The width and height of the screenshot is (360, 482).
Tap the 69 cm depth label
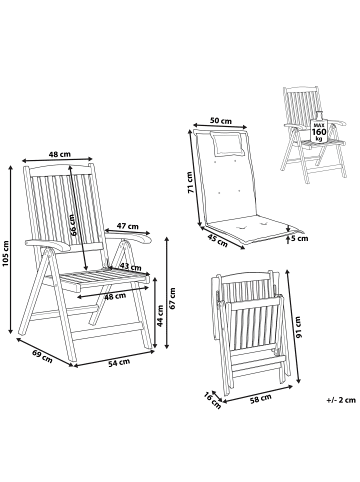(42, 356)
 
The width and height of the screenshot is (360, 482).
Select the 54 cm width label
(119, 363)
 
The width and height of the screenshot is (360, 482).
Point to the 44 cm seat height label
(160, 316)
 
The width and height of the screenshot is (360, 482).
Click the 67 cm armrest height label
(172, 298)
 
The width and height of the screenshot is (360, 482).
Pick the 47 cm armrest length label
(127, 226)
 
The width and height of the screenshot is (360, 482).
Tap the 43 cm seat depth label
(130, 267)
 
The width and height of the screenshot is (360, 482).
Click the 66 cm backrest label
(74, 225)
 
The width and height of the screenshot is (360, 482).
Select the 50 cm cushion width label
(221, 121)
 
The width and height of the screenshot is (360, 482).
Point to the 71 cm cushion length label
(190, 182)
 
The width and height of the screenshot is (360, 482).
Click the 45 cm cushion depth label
(217, 241)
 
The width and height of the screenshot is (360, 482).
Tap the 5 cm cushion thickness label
(298, 238)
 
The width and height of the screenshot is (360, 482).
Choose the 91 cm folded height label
(298, 327)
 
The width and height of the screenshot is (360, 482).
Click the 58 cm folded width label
(260, 398)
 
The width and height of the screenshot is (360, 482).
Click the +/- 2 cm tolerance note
(341, 400)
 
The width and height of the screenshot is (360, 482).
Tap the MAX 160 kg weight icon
(319, 129)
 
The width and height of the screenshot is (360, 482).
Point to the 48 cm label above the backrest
(60, 154)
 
